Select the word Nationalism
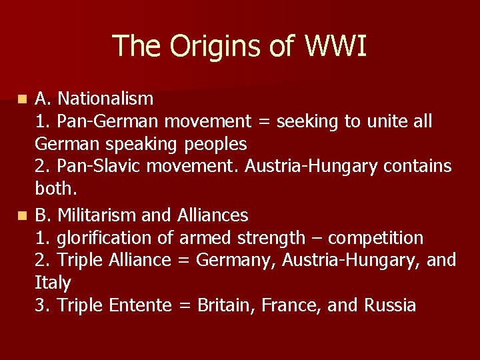pyautogui.click(x=105, y=99)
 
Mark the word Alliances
pyautogui.click(x=213, y=215)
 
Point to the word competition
pyautogui.click(x=376, y=238)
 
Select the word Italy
pyautogui.click(x=52, y=283)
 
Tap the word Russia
pyautogui.click(x=390, y=305)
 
